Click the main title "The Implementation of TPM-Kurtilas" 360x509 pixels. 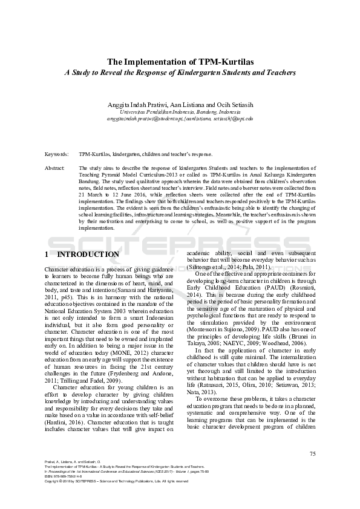coord(180,62)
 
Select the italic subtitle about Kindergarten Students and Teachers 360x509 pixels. coord(180,73)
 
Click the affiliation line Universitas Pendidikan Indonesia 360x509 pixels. coord(180,112)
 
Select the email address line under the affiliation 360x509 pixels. coord(180,119)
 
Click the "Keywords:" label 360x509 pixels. coord(57,154)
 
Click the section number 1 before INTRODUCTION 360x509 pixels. coord(47,254)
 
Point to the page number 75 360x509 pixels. coord(312,453)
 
